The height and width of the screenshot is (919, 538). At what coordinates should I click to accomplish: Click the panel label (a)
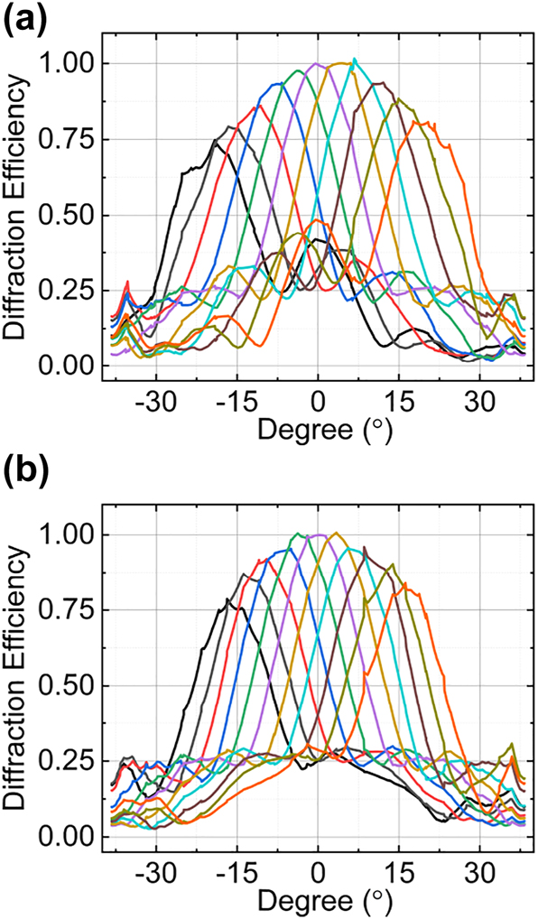tap(28, 20)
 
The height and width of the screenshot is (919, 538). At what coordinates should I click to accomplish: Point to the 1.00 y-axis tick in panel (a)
tap(70, 64)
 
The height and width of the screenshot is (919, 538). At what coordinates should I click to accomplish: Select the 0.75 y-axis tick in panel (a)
tap(70, 140)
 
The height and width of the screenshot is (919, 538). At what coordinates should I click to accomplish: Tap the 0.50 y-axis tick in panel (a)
tap(70, 216)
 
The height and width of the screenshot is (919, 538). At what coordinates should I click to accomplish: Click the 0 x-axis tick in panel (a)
tap(317, 399)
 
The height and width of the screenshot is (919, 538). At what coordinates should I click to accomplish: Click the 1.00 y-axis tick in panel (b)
tap(70, 535)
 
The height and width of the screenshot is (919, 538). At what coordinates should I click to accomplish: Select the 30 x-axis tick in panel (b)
tap(479, 869)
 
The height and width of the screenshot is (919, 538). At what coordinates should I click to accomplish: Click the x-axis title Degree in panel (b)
tap(324, 900)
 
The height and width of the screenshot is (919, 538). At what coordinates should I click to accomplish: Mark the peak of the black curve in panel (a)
tap(216, 141)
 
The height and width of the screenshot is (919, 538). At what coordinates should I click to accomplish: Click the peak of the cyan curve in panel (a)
tap(354, 60)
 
